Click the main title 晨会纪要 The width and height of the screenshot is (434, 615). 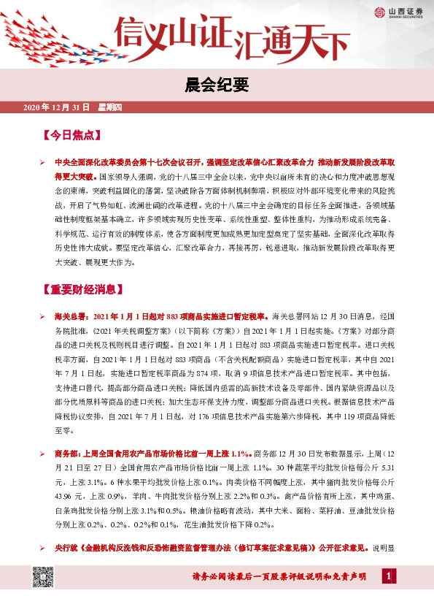pos(217,85)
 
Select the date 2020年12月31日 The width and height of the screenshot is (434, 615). pos(55,108)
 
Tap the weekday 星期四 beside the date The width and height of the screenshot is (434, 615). pos(109,108)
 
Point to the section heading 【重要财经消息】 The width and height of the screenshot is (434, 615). pos(81,289)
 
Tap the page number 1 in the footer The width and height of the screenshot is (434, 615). pos(389,577)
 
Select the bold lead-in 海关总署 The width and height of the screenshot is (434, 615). pos(70,316)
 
